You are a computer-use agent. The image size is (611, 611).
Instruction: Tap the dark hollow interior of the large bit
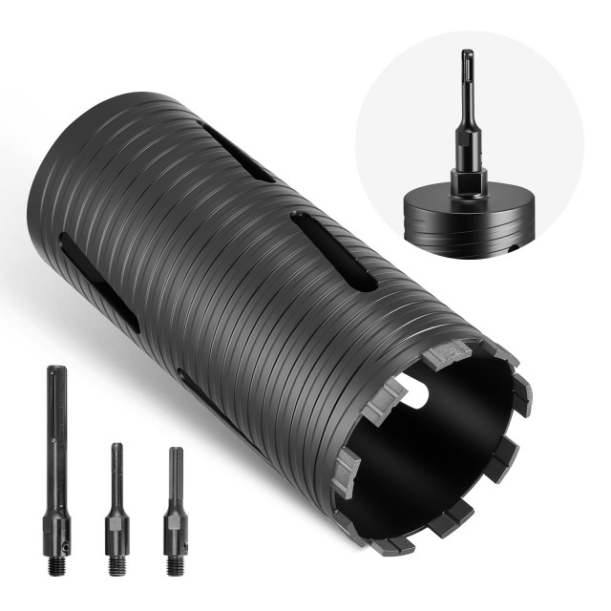[x=439, y=449]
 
